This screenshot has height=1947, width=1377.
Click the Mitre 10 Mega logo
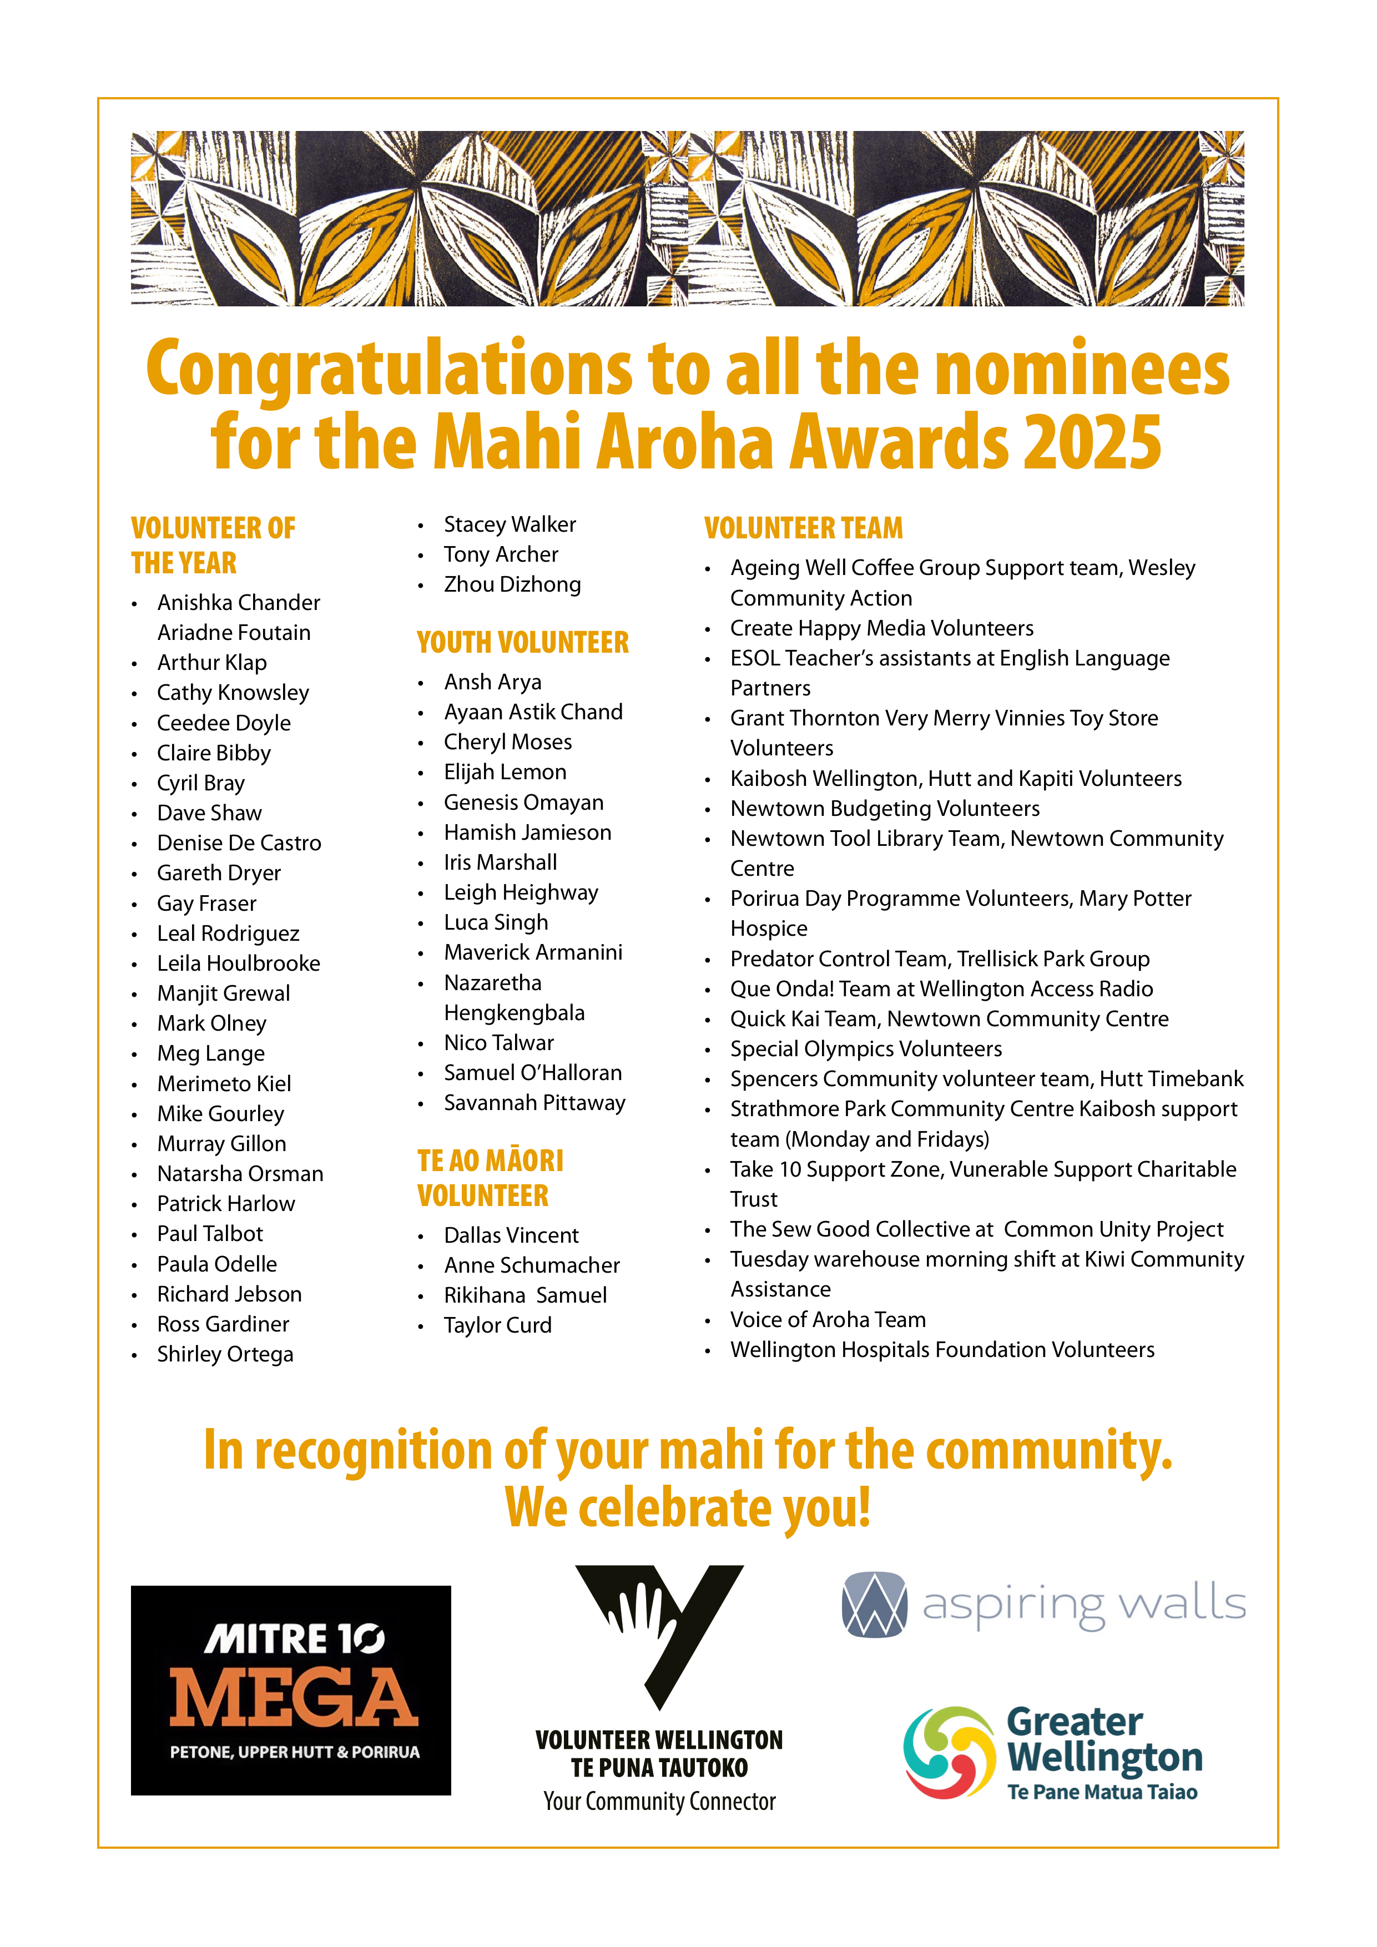click(x=291, y=1690)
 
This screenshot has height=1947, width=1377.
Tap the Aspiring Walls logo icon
click(x=874, y=1605)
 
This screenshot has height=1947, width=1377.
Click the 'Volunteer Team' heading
click(x=803, y=528)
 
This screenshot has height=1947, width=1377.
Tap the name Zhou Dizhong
click(x=512, y=584)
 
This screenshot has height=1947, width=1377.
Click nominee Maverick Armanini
click(x=532, y=952)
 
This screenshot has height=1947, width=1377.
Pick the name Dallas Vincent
click(x=511, y=1235)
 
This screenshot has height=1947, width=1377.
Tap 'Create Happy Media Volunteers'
click(x=882, y=628)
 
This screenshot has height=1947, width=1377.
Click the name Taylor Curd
click(x=498, y=1325)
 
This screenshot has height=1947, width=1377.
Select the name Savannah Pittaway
click(x=534, y=1103)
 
